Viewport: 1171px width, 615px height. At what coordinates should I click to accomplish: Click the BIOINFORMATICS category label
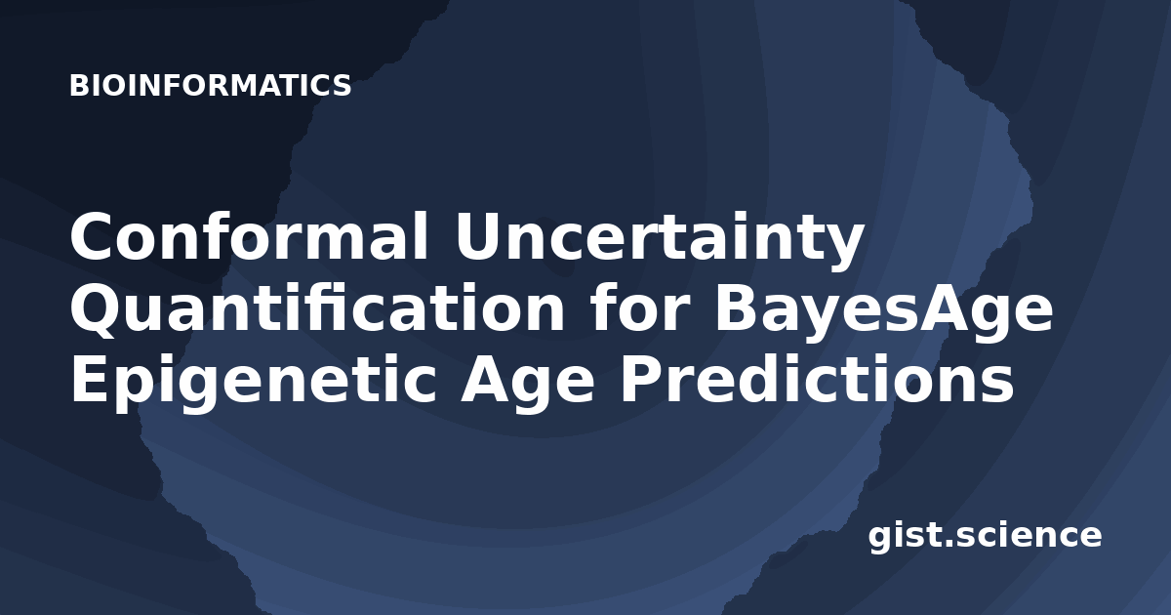(x=210, y=85)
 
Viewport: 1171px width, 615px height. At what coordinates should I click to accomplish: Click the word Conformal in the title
(x=249, y=236)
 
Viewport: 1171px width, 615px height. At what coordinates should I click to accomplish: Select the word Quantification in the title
(x=317, y=309)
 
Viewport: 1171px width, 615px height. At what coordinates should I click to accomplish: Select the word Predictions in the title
(x=816, y=378)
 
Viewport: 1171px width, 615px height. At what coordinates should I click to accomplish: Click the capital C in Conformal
(x=93, y=236)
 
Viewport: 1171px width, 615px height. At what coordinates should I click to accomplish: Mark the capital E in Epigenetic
(x=89, y=379)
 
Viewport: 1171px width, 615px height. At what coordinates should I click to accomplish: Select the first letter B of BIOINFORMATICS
(x=78, y=85)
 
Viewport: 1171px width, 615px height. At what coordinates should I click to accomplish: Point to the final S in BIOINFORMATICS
(x=342, y=85)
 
